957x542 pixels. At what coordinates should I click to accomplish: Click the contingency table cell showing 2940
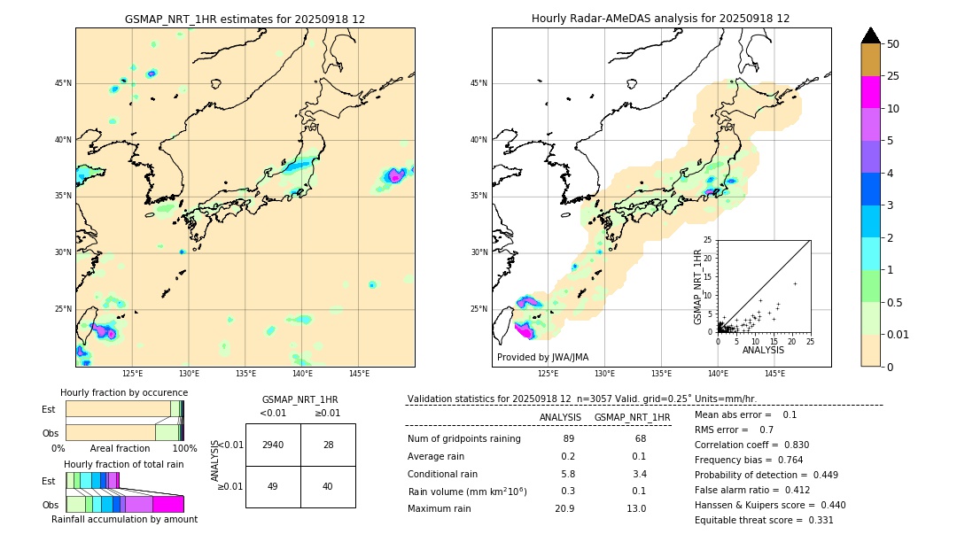click(273, 445)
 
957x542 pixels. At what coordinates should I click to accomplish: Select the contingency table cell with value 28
click(328, 445)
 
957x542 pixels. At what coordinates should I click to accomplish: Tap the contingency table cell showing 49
click(273, 486)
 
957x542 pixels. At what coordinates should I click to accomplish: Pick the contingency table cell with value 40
click(328, 486)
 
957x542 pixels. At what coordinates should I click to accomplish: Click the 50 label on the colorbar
click(893, 44)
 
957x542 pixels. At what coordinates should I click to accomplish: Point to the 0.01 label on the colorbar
click(898, 334)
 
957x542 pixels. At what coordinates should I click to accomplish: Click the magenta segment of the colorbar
click(870, 92)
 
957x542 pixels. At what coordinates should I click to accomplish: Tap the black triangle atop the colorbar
click(870, 35)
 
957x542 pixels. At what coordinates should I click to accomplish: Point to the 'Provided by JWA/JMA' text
click(542, 358)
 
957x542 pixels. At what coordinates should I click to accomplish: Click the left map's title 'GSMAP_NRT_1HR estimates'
click(245, 19)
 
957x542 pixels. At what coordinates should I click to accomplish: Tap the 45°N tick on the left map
click(63, 83)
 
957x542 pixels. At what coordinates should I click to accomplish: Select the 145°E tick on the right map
click(774, 374)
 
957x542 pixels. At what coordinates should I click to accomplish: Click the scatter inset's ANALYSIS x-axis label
click(763, 350)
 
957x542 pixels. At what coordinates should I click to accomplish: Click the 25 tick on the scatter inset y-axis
click(709, 240)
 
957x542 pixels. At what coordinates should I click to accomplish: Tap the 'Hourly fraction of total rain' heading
click(124, 464)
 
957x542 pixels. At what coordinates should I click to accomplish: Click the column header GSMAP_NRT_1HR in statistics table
click(632, 417)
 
